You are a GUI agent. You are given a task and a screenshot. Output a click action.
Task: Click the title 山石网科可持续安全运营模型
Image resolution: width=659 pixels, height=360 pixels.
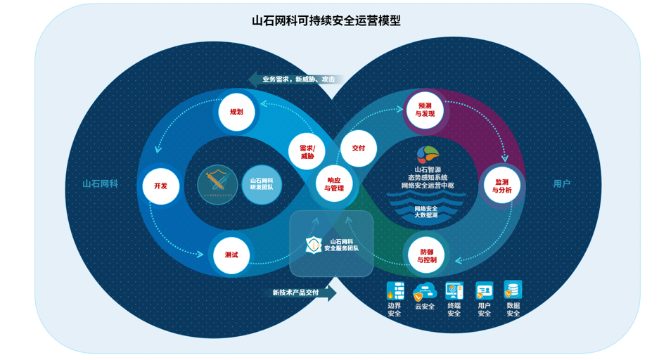[326, 21]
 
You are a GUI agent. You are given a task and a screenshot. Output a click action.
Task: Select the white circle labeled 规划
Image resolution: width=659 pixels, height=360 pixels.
[236, 112]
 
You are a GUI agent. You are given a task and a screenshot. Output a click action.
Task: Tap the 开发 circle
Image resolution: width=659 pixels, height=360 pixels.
[160, 186]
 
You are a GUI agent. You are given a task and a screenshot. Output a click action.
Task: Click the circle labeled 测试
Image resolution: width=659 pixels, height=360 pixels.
[231, 255]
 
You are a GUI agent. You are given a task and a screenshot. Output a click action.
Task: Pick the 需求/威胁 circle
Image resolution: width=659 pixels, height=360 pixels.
[307, 151]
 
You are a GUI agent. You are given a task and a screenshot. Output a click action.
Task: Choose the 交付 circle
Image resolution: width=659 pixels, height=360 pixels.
[358, 148]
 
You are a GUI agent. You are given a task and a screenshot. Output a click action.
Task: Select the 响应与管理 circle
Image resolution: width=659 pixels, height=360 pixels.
[334, 184]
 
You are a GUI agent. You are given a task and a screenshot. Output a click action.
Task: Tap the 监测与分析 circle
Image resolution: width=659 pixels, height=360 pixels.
[501, 186]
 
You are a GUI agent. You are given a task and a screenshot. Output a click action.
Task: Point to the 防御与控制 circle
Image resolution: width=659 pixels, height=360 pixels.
[427, 255]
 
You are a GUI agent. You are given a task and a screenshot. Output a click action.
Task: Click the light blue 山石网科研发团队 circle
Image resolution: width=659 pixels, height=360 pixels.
[262, 184]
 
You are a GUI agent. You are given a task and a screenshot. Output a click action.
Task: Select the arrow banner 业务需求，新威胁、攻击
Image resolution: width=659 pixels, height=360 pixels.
[296, 79]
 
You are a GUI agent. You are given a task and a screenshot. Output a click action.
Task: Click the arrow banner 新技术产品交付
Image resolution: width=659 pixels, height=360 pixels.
[299, 292]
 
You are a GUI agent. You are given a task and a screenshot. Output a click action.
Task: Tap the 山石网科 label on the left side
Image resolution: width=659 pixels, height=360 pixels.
[100, 184]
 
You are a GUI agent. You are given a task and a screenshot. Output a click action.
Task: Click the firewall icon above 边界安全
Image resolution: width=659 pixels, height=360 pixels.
[395, 290]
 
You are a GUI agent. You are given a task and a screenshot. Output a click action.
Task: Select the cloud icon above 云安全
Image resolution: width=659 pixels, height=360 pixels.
[425, 290]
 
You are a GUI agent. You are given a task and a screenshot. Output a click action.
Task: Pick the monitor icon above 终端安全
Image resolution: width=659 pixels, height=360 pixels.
[454, 290]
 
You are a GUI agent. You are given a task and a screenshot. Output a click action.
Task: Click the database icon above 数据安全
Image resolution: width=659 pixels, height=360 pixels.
[513, 290]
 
